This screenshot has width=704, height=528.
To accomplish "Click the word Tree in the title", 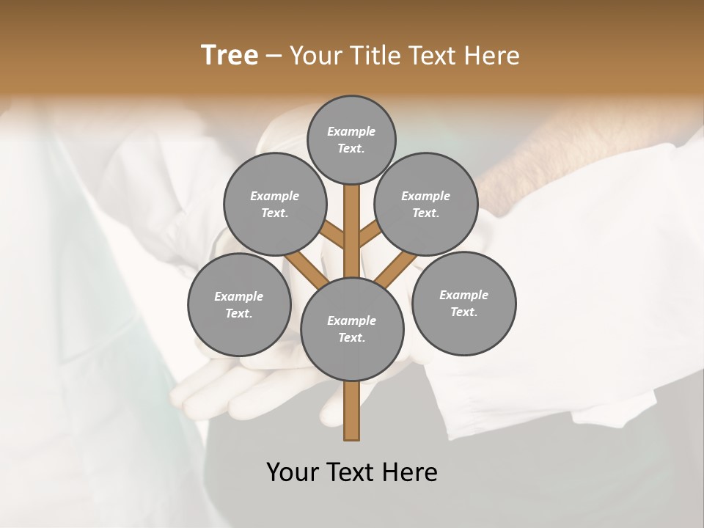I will (230, 56).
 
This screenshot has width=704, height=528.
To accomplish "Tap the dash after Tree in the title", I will (274, 56).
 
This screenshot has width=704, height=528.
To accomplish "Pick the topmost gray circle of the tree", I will (351, 139).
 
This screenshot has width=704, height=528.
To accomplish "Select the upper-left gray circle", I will (274, 204).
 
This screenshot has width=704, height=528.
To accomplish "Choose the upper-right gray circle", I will (425, 204).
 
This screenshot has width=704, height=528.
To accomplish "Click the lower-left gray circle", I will (238, 304).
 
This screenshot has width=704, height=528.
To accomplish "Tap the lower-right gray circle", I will (463, 303).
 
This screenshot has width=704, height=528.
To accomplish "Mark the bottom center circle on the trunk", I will (352, 329).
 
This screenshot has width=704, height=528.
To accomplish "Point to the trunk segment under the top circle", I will (352, 213).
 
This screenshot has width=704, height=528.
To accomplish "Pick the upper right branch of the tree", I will (370, 235).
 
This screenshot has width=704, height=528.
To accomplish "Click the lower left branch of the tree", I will (307, 268).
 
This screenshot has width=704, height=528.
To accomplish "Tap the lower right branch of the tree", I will (395, 269).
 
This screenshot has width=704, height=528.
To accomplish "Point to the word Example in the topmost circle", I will (351, 131).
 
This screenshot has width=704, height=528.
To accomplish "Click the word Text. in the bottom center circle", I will (351, 337).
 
